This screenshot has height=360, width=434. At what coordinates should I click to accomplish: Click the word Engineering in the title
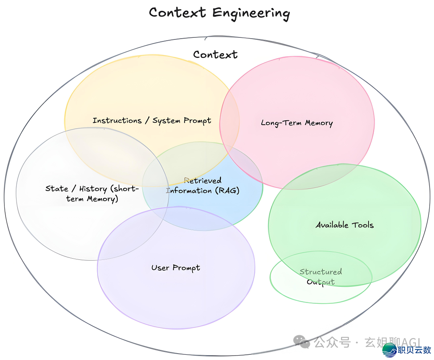click(251, 13)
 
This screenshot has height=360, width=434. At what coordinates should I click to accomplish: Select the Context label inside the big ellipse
click(215, 54)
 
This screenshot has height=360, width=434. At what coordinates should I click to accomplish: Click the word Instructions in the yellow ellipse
click(117, 120)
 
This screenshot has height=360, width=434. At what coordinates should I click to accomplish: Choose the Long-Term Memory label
click(297, 123)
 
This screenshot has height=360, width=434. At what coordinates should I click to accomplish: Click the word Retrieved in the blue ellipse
click(203, 181)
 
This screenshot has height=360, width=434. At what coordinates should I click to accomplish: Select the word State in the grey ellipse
click(57, 189)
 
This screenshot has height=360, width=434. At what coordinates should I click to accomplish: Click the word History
click(93, 189)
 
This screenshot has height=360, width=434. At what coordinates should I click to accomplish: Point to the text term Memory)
click(92, 199)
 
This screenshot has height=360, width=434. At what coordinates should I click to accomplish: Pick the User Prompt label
click(176, 268)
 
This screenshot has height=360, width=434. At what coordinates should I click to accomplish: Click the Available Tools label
click(344, 225)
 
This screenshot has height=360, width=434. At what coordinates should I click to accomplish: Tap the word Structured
click(321, 272)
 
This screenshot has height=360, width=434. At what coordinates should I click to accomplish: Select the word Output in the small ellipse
click(321, 282)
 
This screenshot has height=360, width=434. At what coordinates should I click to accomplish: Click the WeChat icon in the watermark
click(302, 342)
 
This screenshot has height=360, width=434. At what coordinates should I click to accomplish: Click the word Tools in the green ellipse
click(363, 225)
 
